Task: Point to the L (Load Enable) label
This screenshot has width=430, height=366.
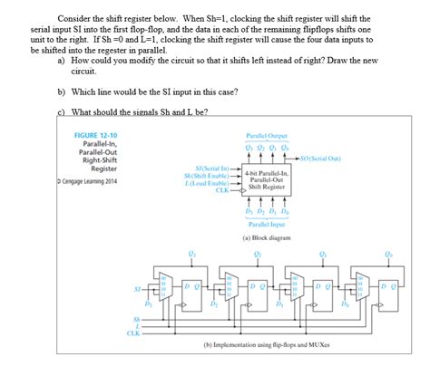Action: pos(210,184)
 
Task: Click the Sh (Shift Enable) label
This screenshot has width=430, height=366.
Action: pos(210,177)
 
